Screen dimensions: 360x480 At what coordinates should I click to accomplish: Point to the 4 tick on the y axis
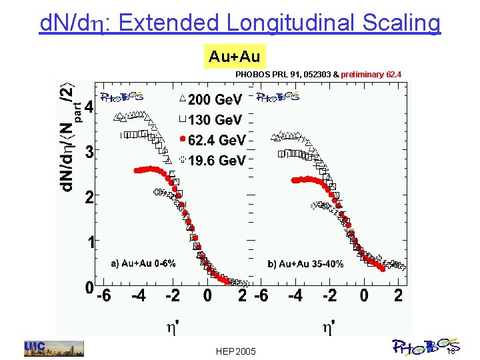coord(88,107)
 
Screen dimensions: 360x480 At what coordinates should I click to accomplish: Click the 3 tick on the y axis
coord(88,151)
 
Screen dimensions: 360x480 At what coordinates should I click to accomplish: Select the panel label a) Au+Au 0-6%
coord(143,263)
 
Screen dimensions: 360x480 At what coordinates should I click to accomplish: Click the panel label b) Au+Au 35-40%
coord(305,264)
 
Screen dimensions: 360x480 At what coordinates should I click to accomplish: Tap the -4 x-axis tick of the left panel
coord(137,295)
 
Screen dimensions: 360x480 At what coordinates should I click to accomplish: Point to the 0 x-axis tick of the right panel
coord(364,295)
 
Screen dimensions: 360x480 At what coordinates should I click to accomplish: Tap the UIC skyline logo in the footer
coord(54,348)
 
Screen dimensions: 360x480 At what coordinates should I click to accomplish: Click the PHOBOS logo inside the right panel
coord(278,97)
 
